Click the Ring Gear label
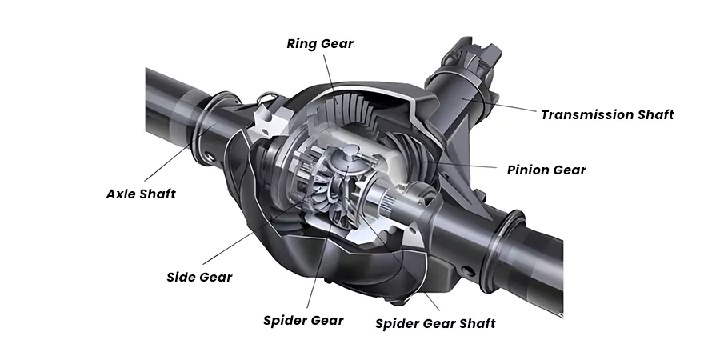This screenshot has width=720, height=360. point(319,43)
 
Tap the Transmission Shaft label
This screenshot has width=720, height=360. point(607,114)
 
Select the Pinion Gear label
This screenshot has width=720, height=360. point(546,170)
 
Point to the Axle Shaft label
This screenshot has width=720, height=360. point(141,194)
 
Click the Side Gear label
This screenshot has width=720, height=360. point(199,278)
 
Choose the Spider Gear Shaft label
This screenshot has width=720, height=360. point(435,323)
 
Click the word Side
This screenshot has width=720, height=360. point(182,278)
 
